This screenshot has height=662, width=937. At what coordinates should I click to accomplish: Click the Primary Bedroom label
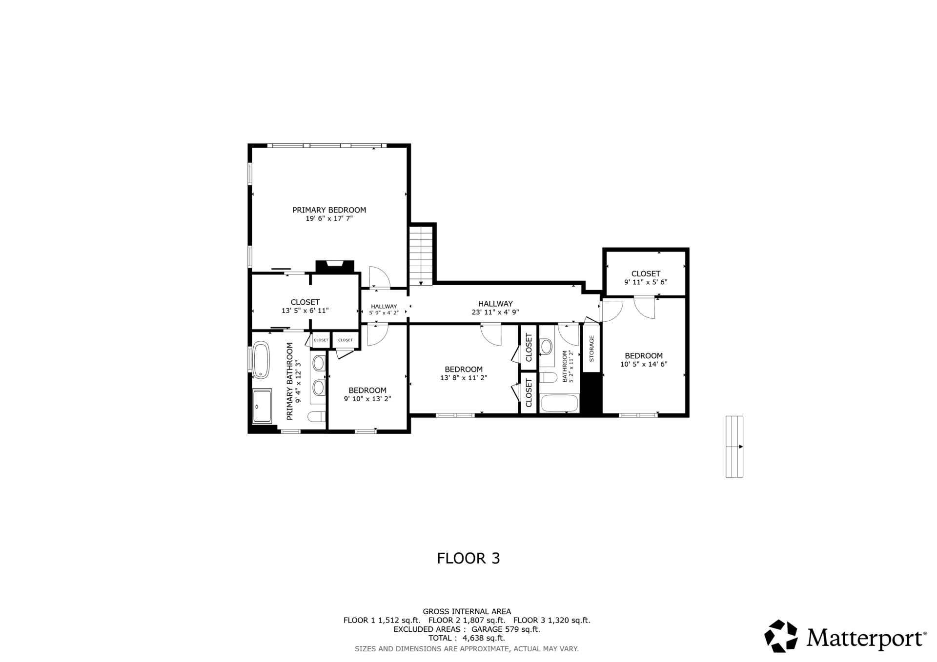[329, 210]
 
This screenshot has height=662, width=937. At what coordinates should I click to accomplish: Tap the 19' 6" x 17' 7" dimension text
[329, 219]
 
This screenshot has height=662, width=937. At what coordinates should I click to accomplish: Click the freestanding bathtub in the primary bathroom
[261, 360]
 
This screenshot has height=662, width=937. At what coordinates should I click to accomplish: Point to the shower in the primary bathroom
[262, 406]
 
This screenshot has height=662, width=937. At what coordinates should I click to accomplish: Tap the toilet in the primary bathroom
[317, 416]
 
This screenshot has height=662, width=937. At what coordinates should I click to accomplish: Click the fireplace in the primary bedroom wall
[335, 266]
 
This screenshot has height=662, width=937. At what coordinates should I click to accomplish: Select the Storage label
[591, 349]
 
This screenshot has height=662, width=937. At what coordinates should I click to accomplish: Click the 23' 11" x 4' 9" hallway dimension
[495, 312]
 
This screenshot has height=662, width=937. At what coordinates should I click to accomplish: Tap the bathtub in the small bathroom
[560, 403]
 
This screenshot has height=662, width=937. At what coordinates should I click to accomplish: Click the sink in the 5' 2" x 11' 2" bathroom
[547, 347]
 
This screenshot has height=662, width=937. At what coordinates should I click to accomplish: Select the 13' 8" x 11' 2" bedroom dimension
[464, 378]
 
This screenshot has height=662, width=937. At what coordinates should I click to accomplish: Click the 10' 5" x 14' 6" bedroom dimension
[644, 364]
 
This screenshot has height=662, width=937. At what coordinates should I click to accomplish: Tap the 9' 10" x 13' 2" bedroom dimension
[367, 399]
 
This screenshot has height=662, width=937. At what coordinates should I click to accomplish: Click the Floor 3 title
[468, 558]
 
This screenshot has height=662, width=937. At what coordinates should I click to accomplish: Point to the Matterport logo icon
[781, 636]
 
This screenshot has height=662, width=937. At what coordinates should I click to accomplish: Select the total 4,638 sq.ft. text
[467, 638]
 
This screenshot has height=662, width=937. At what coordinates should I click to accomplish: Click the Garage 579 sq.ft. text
[506, 629]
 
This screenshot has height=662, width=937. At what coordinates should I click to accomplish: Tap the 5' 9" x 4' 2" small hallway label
[384, 313]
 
